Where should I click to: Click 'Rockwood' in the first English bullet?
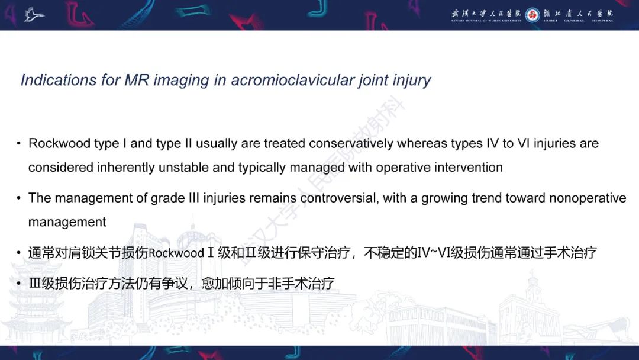click(x=55, y=143)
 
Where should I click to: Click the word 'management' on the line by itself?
click(x=67, y=222)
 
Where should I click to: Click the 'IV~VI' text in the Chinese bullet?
click(x=434, y=253)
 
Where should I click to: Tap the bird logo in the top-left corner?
click(x=34, y=14)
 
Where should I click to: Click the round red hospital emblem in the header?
click(x=532, y=14)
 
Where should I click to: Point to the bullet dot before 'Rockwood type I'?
click(x=19, y=144)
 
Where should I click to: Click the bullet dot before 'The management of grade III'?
click(x=19, y=198)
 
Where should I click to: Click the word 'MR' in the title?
click(x=137, y=80)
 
